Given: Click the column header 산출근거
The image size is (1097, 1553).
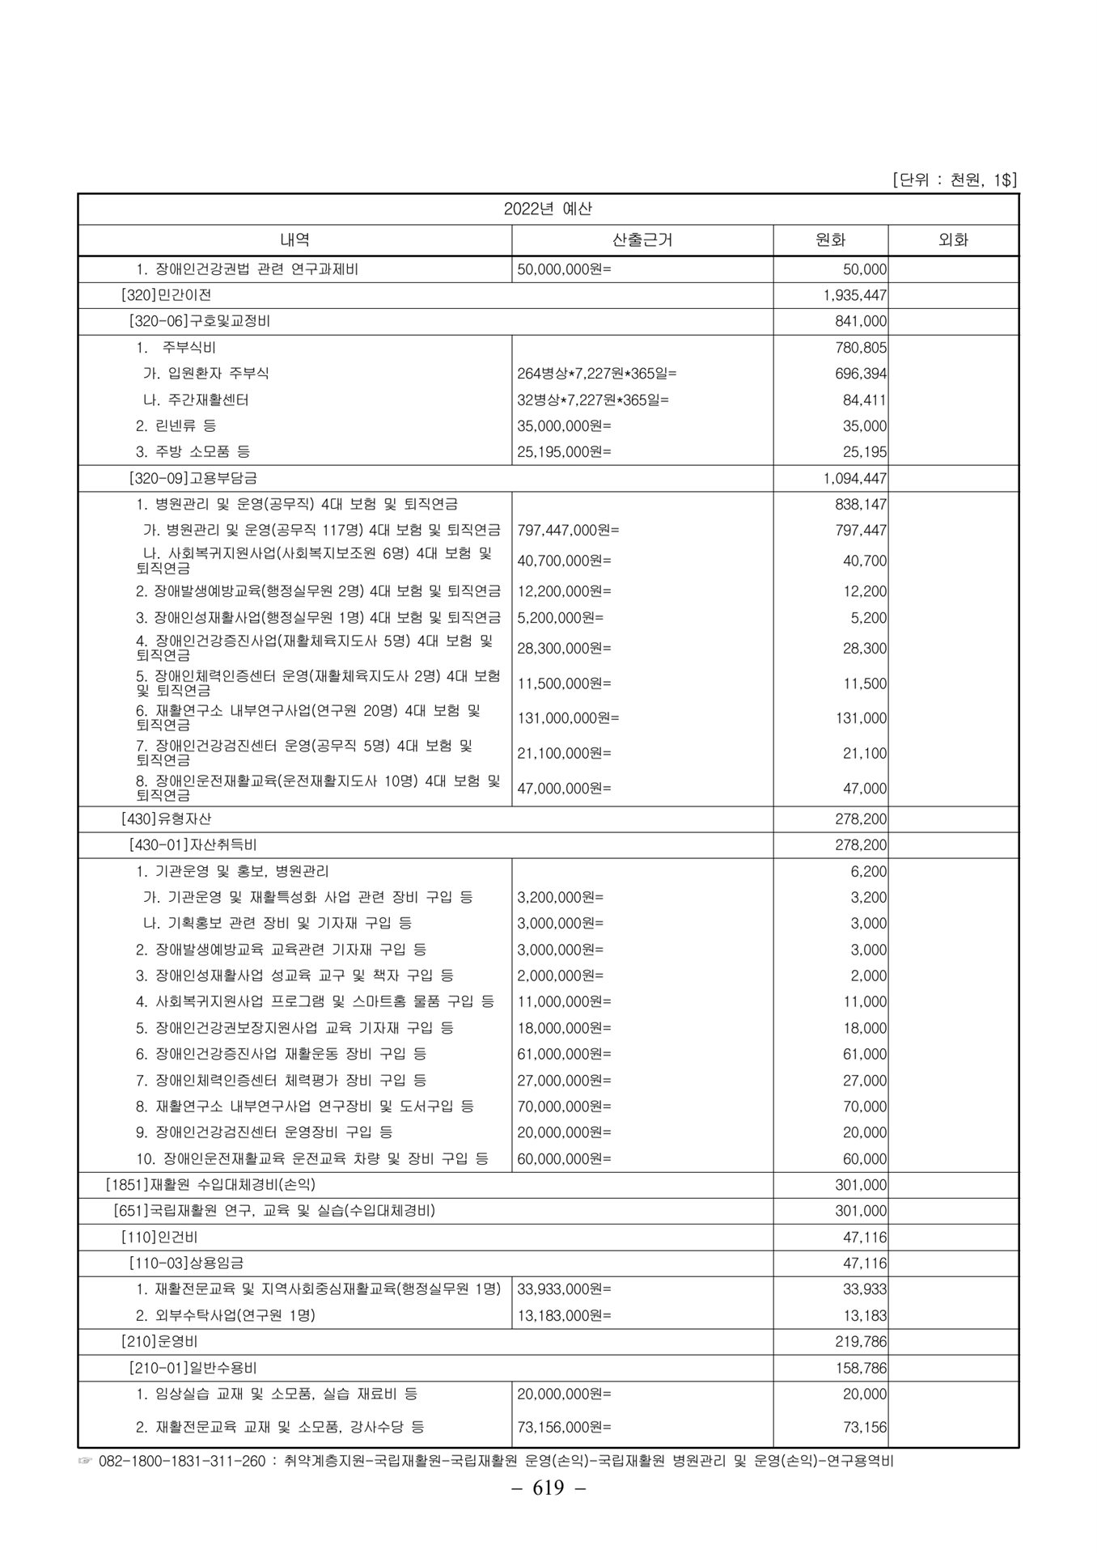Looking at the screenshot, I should pyautogui.click(x=642, y=240).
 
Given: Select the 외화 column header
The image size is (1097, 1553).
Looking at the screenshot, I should pyautogui.click(x=952, y=240).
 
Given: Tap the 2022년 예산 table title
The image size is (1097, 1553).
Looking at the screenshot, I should pyautogui.click(x=548, y=209).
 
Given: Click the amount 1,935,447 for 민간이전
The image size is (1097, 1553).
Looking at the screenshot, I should pyautogui.click(x=855, y=295).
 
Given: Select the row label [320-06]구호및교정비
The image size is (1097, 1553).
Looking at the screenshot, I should pyautogui.click(x=200, y=321).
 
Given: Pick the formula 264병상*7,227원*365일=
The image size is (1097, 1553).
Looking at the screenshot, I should pyautogui.click(x=596, y=374).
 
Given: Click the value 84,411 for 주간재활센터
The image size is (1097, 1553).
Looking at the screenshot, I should pyautogui.click(x=864, y=400).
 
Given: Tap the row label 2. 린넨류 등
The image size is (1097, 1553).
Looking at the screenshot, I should pyautogui.click(x=176, y=425).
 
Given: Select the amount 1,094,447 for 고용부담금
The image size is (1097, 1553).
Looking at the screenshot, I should pyautogui.click(x=855, y=478).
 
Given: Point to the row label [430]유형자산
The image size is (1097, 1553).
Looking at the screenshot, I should pyautogui.click(x=166, y=819).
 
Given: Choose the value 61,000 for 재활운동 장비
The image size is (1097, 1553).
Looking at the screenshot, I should pyautogui.click(x=865, y=1054).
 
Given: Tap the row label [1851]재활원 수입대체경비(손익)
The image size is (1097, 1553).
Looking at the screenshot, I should pyautogui.click(x=210, y=1185).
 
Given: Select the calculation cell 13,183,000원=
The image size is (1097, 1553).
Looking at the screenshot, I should pyautogui.click(x=564, y=1315).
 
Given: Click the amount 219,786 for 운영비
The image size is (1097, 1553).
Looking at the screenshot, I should pyautogui.click(x=861, y=1341).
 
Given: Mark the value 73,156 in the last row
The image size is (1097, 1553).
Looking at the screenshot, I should pyautogui.click(x=865, y=1427).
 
